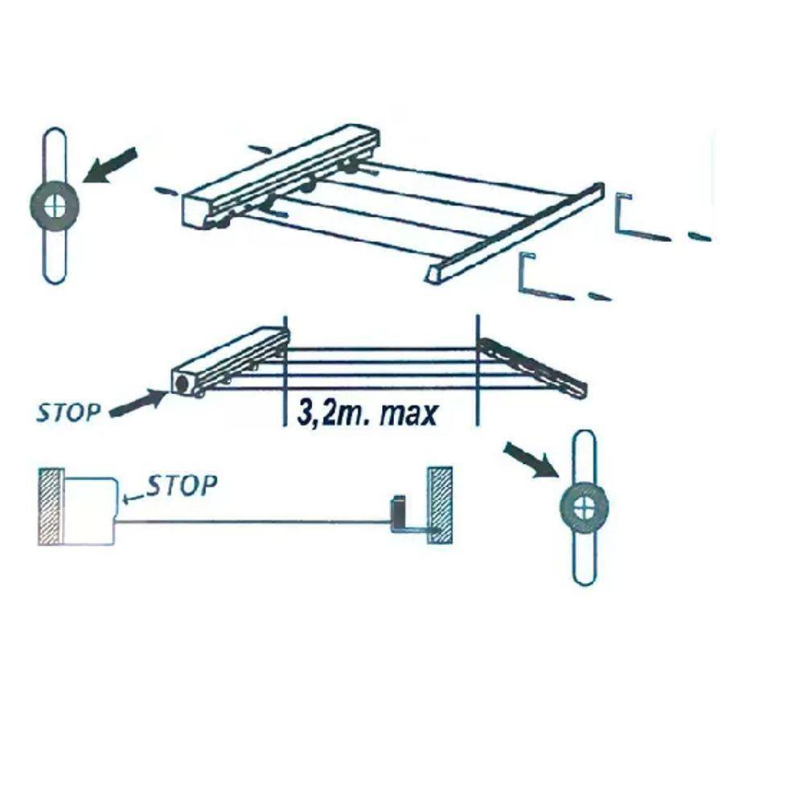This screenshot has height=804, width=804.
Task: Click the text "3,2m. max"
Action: [x=367, y=412]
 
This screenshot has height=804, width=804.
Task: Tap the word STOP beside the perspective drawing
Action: [x=68, y=412]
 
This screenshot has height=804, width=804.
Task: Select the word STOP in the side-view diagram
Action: [x=182, y=485]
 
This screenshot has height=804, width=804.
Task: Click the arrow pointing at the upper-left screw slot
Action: [x=110, y=165]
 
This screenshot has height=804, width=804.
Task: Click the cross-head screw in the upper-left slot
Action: [x=55, y=206]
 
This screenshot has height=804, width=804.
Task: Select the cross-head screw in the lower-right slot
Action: [x=584, y=506]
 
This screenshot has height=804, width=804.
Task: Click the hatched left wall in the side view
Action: [x=51, y=506]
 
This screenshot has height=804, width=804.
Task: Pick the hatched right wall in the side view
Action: [x=440, y=505]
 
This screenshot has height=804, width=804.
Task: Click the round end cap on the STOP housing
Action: [x=181, y=383]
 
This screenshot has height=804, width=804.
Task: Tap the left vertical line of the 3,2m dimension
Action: [x=285, y=370]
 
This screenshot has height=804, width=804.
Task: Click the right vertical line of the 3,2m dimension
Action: [x=478, y=370]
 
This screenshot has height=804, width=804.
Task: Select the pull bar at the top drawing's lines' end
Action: [x=514, y=232]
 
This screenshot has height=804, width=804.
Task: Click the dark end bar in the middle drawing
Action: [x=533, y=366]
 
